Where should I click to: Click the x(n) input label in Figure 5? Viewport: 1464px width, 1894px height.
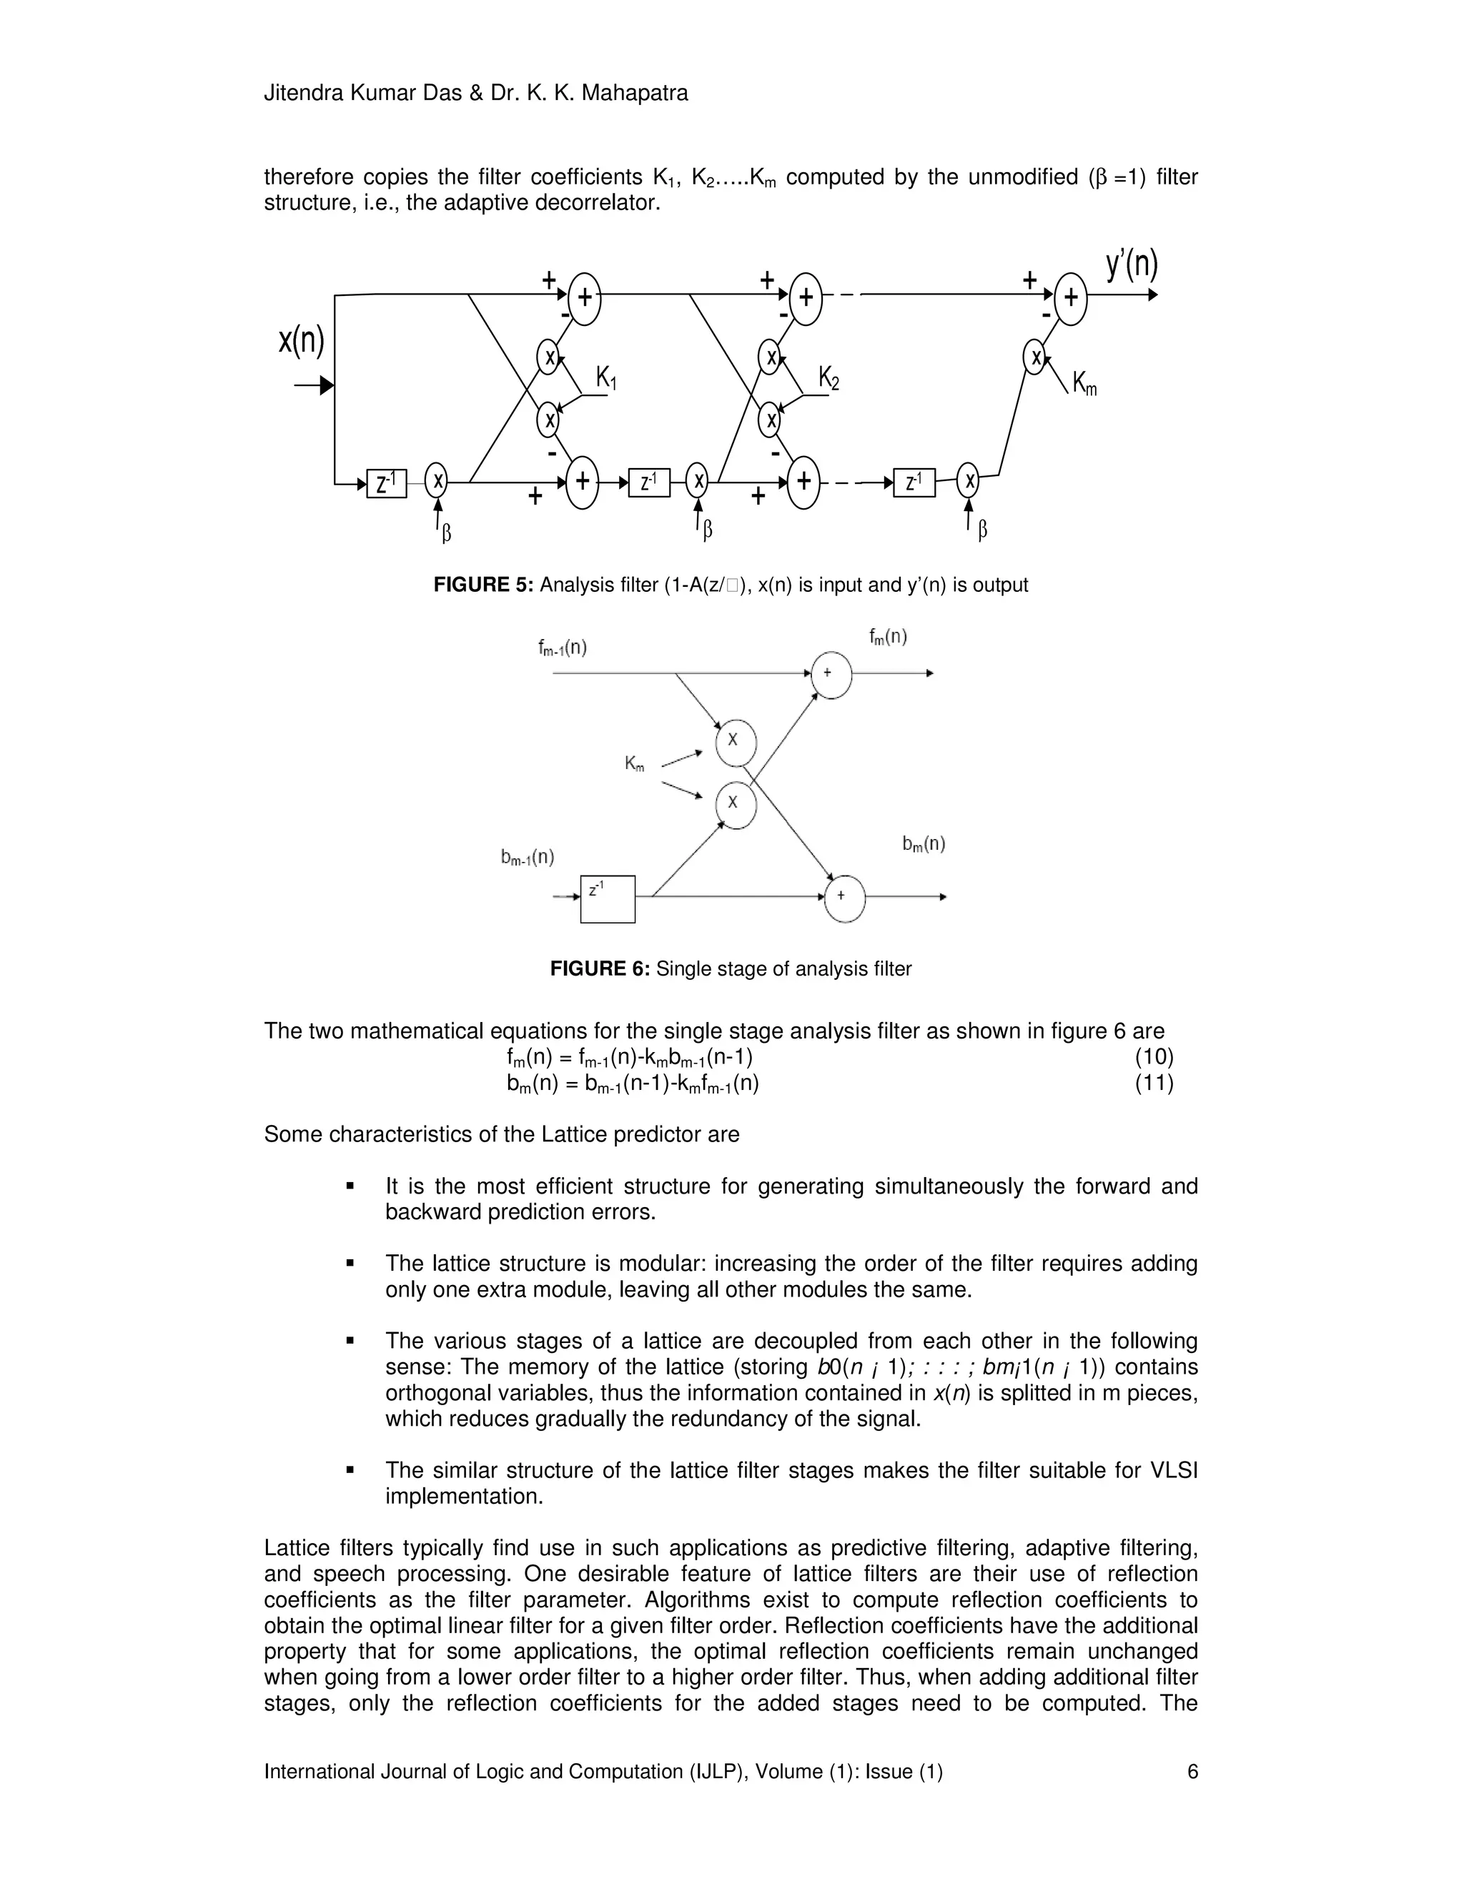click(x=301, y=341)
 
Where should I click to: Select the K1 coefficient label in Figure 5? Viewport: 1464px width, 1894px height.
click(x=606, y=379)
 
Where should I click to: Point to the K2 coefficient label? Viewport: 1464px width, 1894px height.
click(x=829, y=379)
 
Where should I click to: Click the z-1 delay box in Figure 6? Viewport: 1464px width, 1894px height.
click(x=607, y=899)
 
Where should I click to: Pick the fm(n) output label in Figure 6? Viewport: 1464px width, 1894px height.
click(x=888, y=638)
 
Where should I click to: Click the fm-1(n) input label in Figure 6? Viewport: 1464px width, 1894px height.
click(x=562, y=648)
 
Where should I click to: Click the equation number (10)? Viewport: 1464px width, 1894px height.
click(x=1154, y=1057)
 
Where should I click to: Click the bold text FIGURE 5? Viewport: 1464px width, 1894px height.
click(x=483, y=585)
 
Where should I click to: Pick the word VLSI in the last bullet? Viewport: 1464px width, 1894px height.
click(x=1174, y=1471)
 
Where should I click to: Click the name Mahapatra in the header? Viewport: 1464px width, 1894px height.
click(x=634, y=94)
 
